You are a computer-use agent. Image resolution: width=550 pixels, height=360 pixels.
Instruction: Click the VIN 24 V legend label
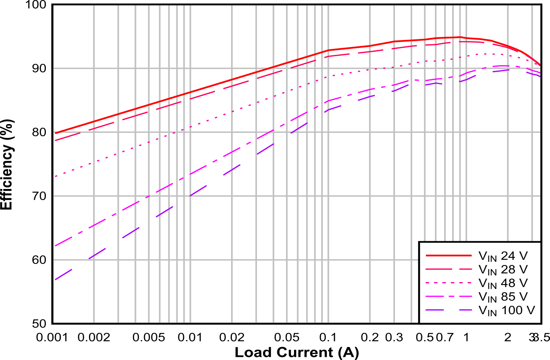503,256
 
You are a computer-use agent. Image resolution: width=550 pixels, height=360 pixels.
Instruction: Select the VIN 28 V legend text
503,270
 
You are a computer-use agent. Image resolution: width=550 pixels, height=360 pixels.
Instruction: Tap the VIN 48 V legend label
503,283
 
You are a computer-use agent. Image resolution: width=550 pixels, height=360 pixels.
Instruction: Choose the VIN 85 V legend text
503,297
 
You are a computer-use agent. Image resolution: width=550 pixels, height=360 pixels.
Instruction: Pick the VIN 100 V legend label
506,310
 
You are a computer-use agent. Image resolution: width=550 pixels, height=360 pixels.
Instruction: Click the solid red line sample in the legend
448,255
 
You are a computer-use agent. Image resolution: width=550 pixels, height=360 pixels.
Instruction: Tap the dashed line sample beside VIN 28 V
448,269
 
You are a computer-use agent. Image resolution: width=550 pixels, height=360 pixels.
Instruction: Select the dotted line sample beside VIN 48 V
448,283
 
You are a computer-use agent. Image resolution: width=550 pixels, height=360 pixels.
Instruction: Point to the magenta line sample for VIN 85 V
448,296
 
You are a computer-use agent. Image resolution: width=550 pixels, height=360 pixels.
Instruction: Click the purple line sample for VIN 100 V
448,310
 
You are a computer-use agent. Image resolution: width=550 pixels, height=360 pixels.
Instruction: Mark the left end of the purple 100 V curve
56,279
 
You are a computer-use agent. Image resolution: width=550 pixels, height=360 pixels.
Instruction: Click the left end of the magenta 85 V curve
56,245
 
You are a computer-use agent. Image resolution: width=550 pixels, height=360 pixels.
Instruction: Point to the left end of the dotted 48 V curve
56,176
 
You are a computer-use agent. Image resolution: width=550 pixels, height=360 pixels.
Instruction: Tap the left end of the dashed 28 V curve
56,140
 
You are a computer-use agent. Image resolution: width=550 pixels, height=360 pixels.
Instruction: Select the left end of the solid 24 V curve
56,133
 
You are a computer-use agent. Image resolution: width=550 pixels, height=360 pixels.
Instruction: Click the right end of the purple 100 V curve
540,76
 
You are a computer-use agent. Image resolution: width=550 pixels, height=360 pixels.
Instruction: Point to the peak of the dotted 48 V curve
485,54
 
